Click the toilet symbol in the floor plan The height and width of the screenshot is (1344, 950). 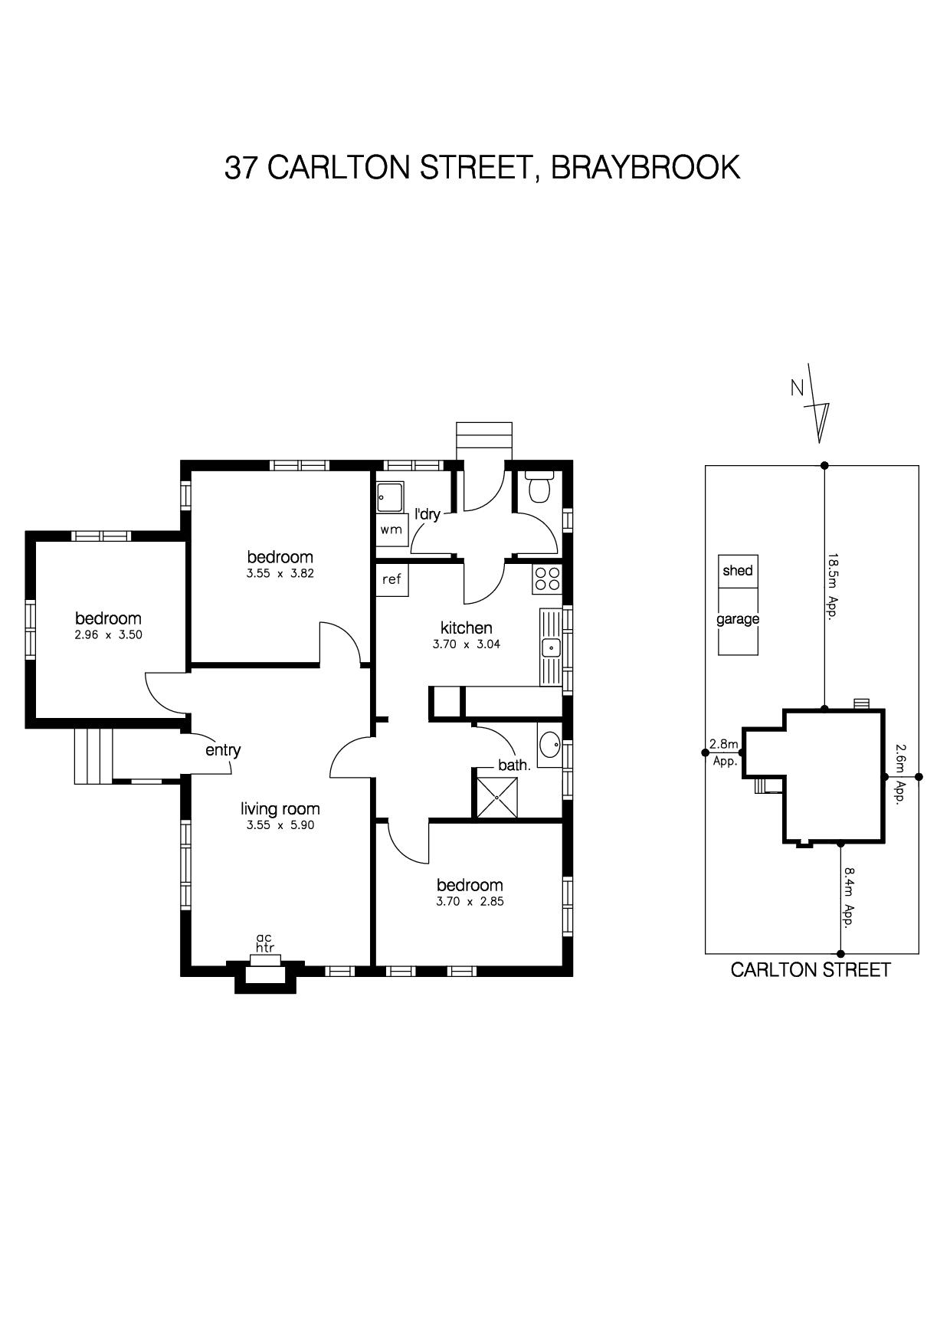(x=540, y=486)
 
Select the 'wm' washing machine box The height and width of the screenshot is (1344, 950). (x=391, y=529)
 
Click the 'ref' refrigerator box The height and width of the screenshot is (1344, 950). (x=391, y=580)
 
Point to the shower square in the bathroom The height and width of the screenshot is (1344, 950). (x=497, y=798)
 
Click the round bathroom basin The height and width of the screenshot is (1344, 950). (x=550, y=743)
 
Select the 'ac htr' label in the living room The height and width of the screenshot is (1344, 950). (x=265, y=942)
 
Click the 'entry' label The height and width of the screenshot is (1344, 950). (x=223, y=750)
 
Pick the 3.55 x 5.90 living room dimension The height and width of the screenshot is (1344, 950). (x=280, y=825)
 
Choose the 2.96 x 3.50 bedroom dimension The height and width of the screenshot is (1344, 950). (x=109, y=634)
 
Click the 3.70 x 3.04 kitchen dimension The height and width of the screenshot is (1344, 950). (x=467, y=644)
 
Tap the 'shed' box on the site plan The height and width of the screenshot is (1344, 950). (x=738, y=572)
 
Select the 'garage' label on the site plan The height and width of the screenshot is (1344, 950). (x=738, y=619)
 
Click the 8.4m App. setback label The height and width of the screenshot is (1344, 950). (x=849, y=897)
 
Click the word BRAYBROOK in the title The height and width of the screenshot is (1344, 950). (x=646, y=167)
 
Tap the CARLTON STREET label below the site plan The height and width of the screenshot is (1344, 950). (x=811, y=970)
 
